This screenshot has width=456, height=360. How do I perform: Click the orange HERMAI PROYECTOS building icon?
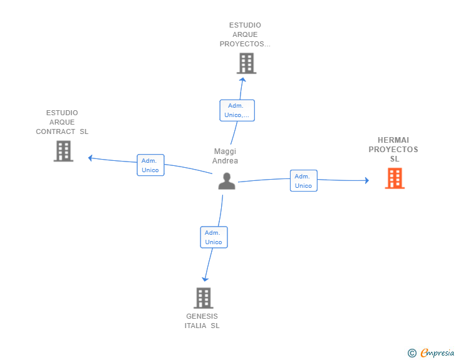(x=395, y=178)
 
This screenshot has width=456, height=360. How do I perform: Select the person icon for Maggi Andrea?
(x=227, y=181)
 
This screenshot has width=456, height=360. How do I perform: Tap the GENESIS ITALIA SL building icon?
(x=204, y=298)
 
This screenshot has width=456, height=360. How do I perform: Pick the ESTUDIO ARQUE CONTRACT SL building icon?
(x=63, y=151)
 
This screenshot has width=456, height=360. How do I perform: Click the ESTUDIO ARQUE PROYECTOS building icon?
(x=246, y=63)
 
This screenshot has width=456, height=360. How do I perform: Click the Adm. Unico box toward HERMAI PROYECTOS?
(x=304, y=180)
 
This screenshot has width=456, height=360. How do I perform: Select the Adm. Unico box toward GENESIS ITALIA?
(x=214, y=237)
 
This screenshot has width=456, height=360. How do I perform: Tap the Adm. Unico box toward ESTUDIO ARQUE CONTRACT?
(x=150, y=165)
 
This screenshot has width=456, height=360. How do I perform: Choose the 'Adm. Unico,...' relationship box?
(x=237, y=110)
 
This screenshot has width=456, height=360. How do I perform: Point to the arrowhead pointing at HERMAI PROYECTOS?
(x=367, y=180)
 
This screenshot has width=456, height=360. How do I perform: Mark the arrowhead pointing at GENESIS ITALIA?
(x=205, y=279)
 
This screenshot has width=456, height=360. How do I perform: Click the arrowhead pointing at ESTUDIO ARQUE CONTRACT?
(x=90, y=158)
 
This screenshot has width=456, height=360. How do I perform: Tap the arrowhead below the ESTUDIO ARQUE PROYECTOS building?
(x=242, y=80)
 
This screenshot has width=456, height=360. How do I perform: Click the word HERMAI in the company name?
(x=393, y=140)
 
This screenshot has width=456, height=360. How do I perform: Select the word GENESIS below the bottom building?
(x=202, y=316)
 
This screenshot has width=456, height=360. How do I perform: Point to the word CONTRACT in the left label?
(x=56, y=131)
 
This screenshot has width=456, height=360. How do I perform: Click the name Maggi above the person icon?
(x=225, y=152)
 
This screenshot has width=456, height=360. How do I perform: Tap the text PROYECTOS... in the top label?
(x=245, y=44)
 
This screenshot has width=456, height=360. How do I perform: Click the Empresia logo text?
(x=437, y=353)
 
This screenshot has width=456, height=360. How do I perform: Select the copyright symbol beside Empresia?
(x=412, y=353)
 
